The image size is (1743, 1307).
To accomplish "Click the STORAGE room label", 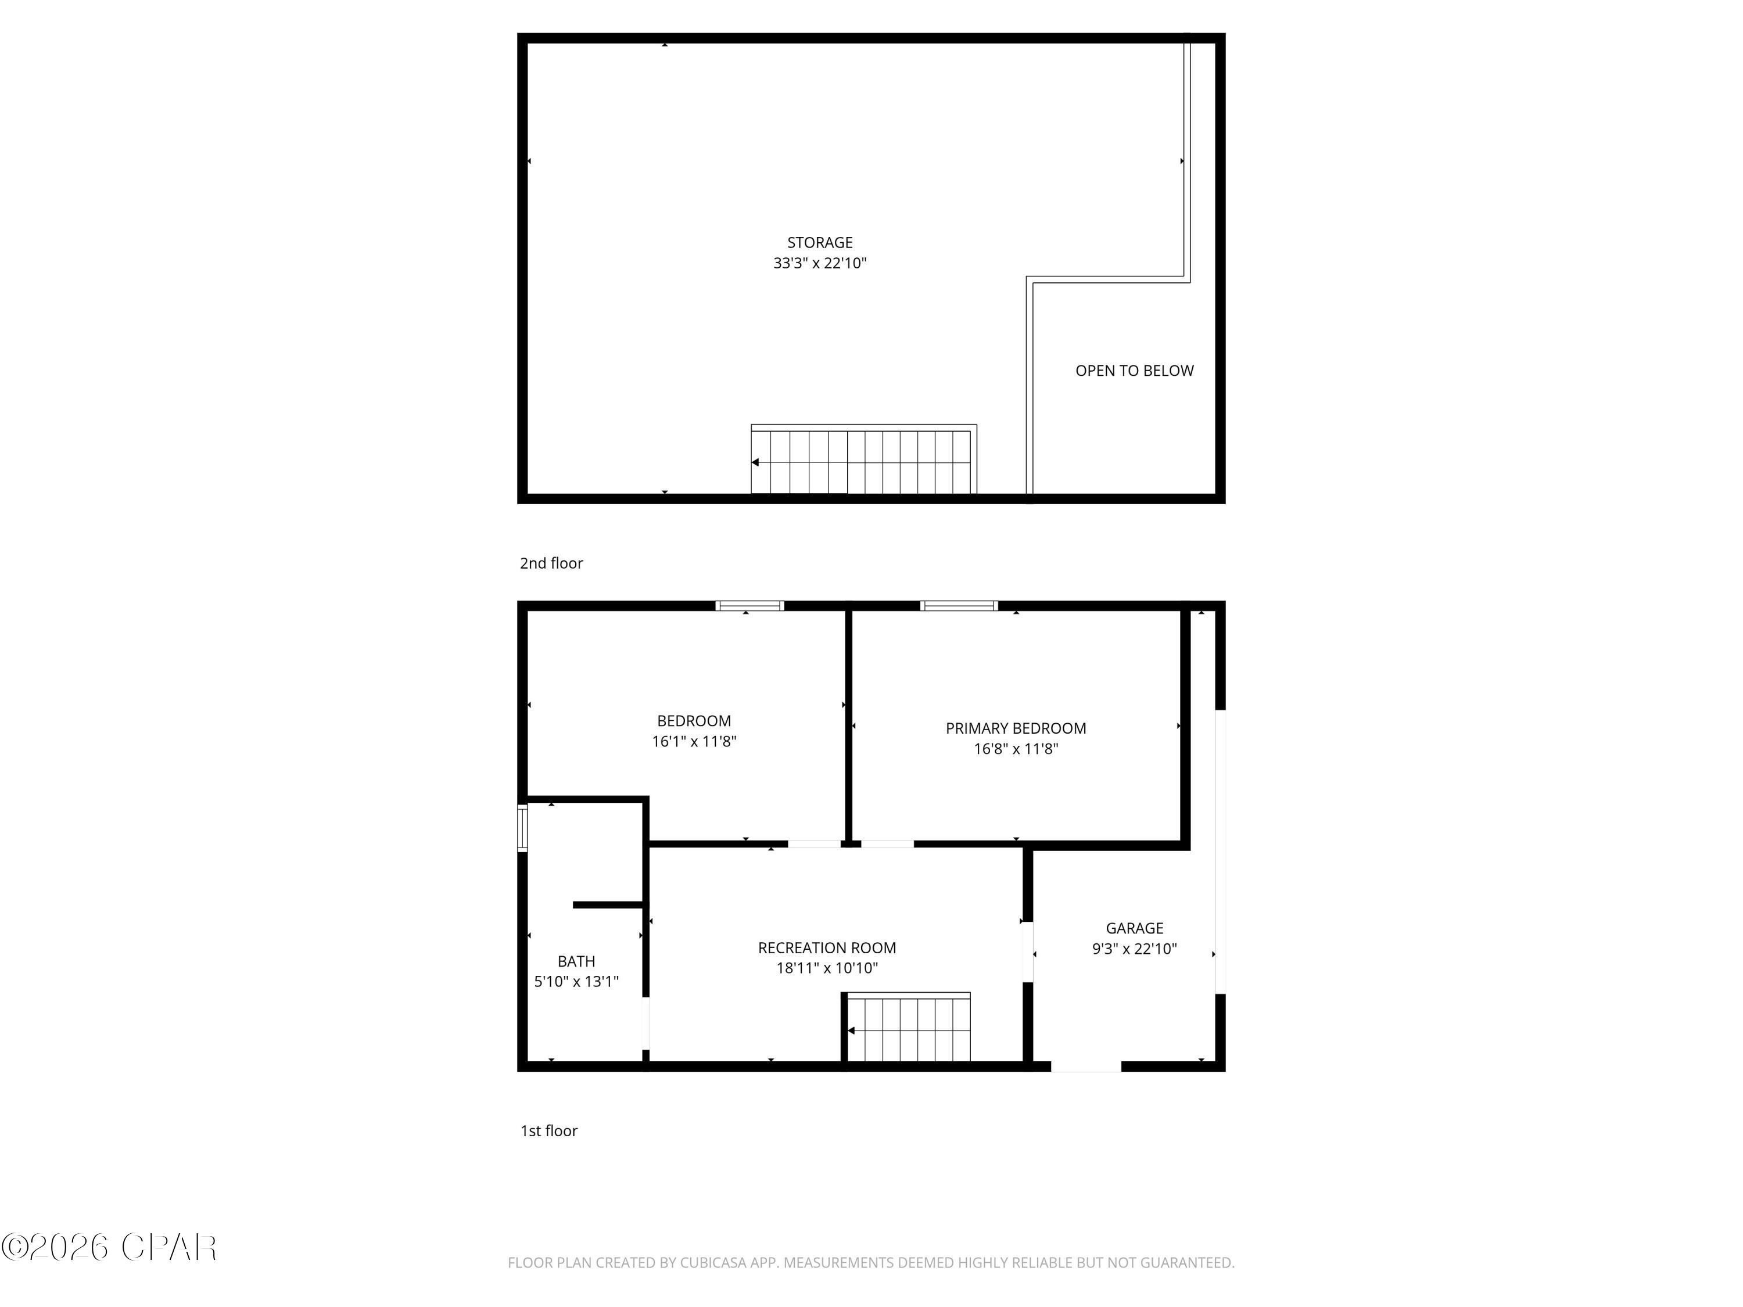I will [819, 243].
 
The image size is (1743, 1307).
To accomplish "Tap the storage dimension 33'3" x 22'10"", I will [819, 263].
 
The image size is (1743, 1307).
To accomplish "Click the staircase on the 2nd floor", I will [863, 462].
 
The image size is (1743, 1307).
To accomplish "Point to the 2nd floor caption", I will [551, 563].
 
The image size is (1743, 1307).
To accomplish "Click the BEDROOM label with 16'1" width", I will [693, 721].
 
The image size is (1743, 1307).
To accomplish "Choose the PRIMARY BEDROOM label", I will [1016, 729].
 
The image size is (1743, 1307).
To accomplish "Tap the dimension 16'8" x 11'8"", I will [1016, 749].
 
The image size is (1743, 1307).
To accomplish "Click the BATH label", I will [576, 961].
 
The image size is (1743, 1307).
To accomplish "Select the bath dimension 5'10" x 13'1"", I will [576, 982].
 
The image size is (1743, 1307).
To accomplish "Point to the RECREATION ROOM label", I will [827, 948].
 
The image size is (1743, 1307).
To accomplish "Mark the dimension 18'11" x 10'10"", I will [827, 968].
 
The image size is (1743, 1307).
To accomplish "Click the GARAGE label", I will [1134, 928].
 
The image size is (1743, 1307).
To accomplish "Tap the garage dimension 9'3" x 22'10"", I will [1134, 949].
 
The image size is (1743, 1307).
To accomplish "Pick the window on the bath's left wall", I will [522, 828].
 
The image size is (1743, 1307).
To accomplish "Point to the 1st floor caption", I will [548, 1132].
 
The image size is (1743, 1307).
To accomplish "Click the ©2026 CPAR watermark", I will [109, 1247].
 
